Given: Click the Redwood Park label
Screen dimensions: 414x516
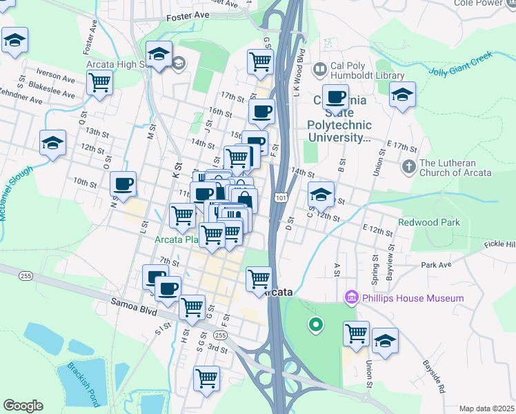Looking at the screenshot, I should [x=428, y=222].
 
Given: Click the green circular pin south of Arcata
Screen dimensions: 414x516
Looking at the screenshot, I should [x=316, y=323].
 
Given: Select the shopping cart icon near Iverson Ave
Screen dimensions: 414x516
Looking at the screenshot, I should [x=100, y=83].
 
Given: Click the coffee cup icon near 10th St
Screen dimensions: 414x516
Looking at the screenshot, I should [x=123, y=184].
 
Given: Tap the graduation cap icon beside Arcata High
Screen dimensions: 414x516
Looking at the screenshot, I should [x=159, y=53].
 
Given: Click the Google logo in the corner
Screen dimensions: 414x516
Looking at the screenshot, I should [x=23, y=406].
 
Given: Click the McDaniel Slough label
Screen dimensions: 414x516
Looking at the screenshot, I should [x=15, y=194].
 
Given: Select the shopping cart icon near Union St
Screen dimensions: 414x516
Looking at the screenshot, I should [x=356, y=333].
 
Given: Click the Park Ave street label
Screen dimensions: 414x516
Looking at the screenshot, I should [x=435, y=264].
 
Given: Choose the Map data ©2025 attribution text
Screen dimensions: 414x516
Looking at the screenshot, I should [x=486, y=408].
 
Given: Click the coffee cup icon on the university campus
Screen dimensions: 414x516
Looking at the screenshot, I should [x=335, y=97].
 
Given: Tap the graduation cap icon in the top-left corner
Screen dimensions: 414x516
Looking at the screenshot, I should [x=14, y=40].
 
